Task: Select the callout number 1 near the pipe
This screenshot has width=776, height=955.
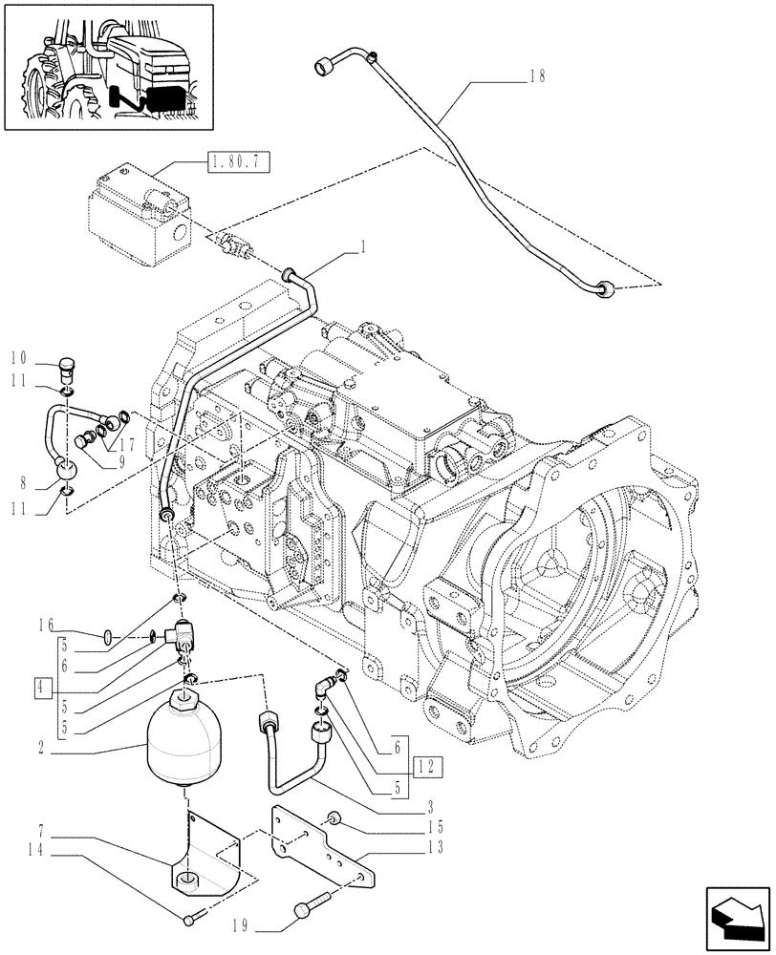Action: [364, 247]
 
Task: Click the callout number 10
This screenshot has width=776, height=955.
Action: [17, 360]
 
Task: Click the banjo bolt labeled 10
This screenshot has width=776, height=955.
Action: [66, 365]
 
